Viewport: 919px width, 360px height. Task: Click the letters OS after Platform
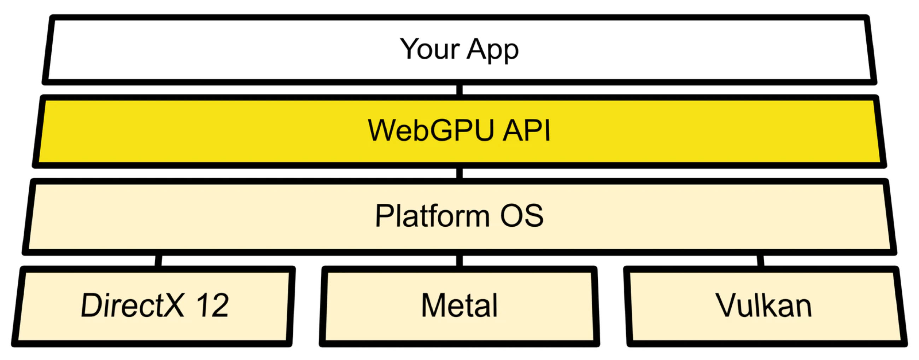(x=522, y=215)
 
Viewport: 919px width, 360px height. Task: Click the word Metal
(x=459, y=305)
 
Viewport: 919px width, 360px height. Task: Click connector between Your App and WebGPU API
(x=459, y=90)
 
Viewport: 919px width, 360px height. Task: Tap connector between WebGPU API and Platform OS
(x=459, y=173)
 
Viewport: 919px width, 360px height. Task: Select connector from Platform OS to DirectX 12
(x=158, y=261)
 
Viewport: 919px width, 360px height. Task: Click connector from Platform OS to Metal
(x=459, y=261)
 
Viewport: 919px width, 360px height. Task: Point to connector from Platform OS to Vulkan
(x=760, y=261)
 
